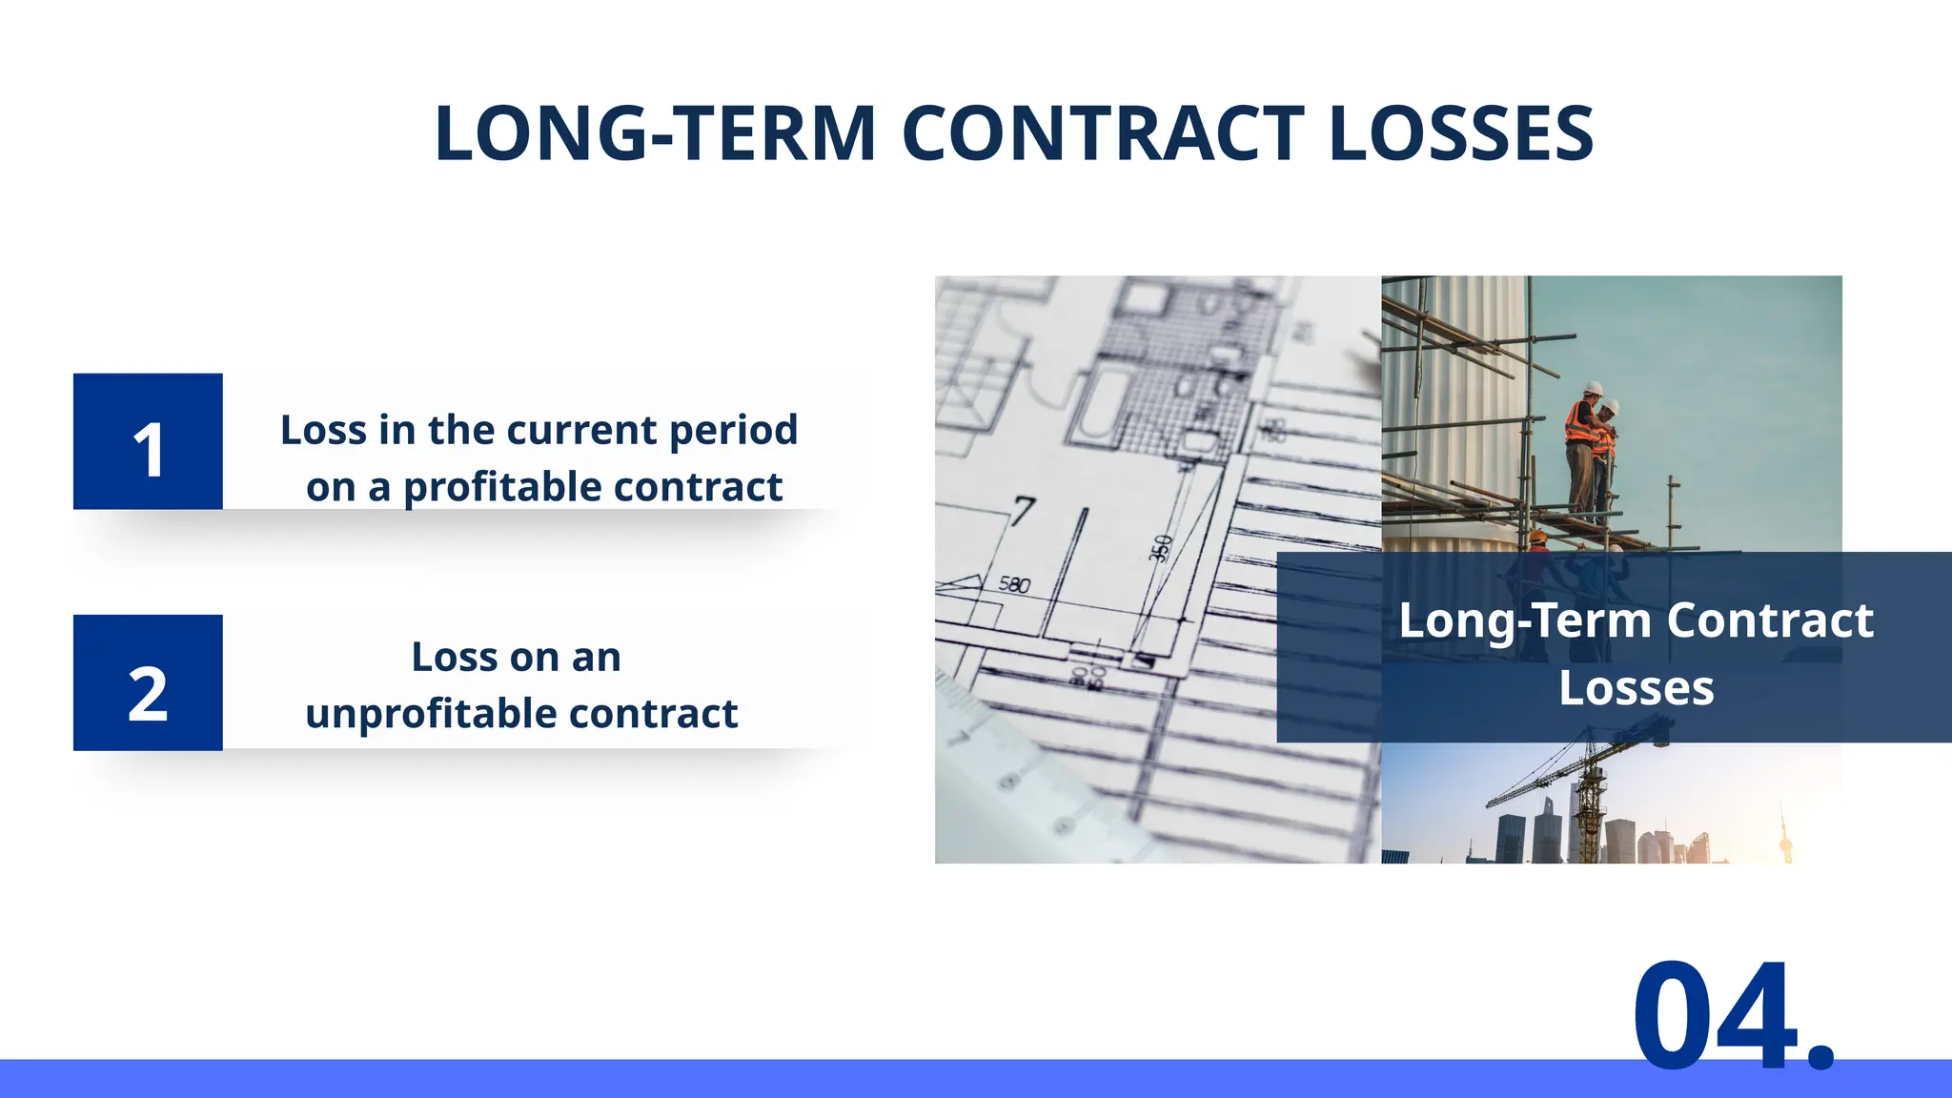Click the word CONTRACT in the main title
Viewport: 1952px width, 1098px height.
(1103, 133)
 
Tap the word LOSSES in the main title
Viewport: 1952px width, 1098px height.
(1460, 133)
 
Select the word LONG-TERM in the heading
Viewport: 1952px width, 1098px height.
(655, 133)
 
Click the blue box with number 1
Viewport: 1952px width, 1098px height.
(148, 441)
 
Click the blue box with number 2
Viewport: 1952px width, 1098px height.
(148, 682)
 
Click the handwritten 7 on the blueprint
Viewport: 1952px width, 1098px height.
(1023, 510)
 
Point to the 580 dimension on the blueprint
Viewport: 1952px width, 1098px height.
(1014, 584)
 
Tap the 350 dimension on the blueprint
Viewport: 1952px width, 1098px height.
(1160, 549)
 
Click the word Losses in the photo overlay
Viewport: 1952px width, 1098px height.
(1636, 688)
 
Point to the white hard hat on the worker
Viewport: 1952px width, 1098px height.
(1593, 388)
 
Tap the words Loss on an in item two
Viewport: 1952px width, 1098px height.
(516, 658)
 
